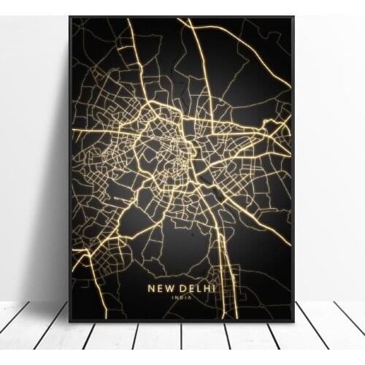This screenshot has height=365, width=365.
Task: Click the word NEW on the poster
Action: pyautogui.click(x=161, y=288)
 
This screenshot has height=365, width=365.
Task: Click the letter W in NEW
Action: pyautogui.click(x=171, y=288)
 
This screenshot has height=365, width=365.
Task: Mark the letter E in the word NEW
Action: pyautogui.click(x=161, y=288)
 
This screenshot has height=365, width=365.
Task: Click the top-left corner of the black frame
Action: pyautogui.click(x=70, y=17)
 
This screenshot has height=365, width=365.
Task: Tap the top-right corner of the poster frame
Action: pyautogui.click(x=293, y=17)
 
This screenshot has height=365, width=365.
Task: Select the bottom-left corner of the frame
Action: pyautogui.click(x=70, y=321)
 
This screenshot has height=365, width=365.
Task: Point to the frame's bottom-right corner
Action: pyautogui.click(x=293, y=321)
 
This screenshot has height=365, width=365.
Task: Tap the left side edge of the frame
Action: pyautogui.click(x=70, y=168)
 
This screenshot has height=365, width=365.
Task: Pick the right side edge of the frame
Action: pyautogui.click(x=293, y=168)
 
